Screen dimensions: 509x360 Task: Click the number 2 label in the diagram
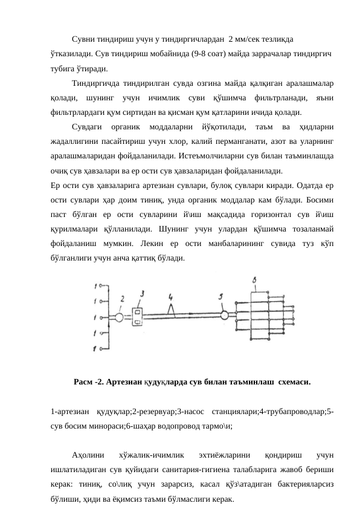pos(122,299)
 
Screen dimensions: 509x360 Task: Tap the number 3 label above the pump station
pos(142,293)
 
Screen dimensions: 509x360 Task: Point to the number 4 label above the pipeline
pos(171,297)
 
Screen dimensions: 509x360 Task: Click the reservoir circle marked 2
pos(120,317)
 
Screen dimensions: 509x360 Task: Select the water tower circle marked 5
pos(225,314)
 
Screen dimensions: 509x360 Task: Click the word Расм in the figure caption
pos(84,382)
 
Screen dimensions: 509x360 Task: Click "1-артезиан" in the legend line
pos(71,411)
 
